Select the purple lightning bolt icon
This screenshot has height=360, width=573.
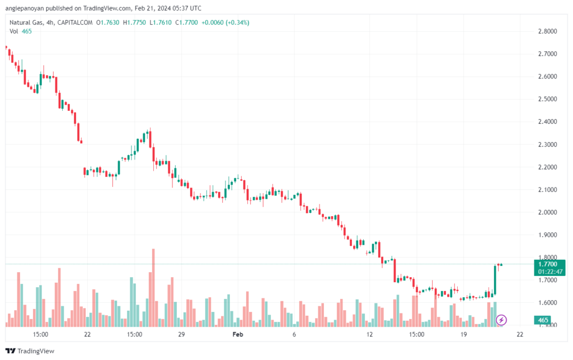point(501,320)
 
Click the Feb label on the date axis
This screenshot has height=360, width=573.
point(238,334)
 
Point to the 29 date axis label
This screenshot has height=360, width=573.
point(181,334)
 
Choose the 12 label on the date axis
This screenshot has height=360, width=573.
point(369,334)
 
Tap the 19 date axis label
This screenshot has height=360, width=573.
point(463,334)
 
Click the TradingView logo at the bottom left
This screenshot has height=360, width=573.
point(31,351)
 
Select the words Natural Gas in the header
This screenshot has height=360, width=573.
point(26,22)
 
